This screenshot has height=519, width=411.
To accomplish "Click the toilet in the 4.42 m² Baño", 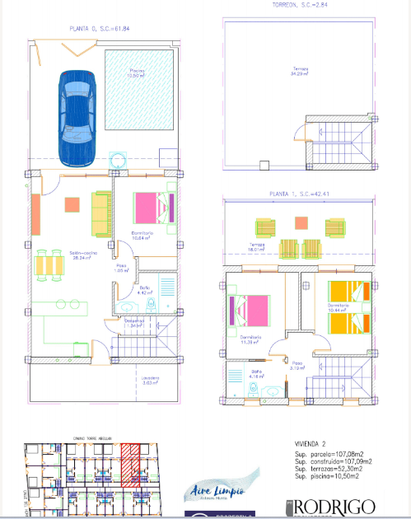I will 150,305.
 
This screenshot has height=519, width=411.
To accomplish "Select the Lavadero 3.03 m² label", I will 126,380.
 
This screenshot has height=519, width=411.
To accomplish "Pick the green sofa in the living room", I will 100,213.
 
